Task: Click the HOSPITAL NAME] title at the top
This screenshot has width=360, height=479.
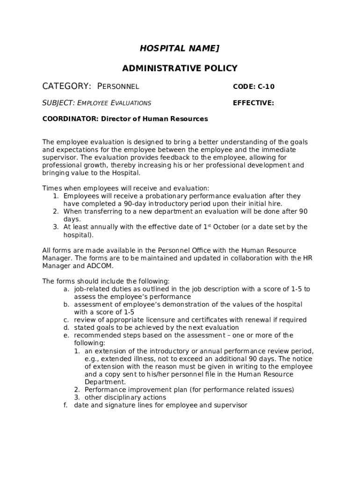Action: [180, 49]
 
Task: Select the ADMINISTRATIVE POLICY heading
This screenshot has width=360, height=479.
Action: [180, 69]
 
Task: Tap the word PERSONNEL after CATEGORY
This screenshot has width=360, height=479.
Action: [118, 87]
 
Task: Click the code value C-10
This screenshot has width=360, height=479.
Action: [266, 87]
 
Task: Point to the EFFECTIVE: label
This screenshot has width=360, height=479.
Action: [253, 103]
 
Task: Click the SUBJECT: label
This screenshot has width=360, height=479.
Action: [58, 103]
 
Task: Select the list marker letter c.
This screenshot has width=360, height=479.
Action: [66, 320]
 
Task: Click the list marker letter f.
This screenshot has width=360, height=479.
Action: [66, 405]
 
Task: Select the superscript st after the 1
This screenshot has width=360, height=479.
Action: [209, 225]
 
